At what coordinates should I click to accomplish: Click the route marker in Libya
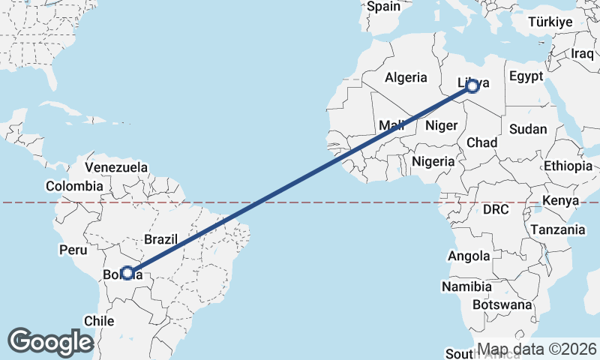tap(472, 86)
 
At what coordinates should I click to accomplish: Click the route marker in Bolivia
tap(127, 273)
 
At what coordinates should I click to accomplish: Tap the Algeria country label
tap(406, 77)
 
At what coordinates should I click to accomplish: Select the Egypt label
tap(525, 76)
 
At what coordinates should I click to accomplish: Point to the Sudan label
tap(528, 129)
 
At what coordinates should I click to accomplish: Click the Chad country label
tap(482, 142)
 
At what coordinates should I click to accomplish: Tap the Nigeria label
tap(433, 161)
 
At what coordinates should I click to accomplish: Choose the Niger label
tap(441, 125)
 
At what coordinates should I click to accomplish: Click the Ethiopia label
tap(568, 166)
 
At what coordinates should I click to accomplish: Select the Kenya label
tap(562, 201)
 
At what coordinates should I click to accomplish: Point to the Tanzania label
tap(557, 229)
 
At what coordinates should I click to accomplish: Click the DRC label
tap(496, 210)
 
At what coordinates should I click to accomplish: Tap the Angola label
tap(469, 256)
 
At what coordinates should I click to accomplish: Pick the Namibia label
tap(466, 286)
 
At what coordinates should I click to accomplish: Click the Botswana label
tap(502, 305)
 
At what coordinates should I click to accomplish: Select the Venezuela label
tap(116, 167)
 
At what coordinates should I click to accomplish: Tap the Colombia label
tap(73, 186)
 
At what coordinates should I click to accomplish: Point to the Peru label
tap(73, 249)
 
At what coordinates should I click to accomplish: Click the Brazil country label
tap(160, 240)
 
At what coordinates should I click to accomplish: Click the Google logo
tap(51, 342)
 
